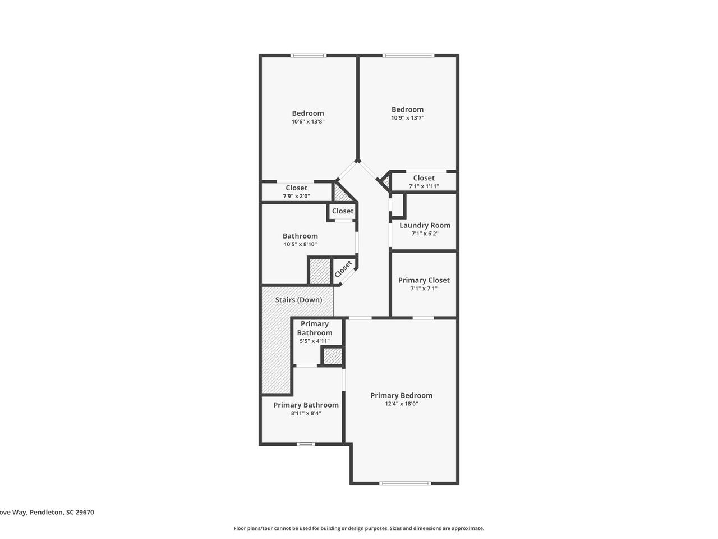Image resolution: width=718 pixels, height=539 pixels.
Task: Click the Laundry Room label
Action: pyautogui.click(x=425, y=225)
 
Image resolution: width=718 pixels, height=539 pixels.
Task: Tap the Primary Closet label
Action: pyautogui.click(x=424, y=281)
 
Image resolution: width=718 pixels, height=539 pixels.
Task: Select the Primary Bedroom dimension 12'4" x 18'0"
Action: pyautogui.click(x=402, y=404)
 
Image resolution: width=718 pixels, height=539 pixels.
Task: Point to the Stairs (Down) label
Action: pyautogui.click(x=298, y=300)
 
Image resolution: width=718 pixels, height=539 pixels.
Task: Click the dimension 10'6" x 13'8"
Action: pyautogui.click(x=308, y=121)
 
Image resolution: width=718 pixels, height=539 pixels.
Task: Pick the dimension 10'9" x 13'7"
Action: pyautogui.click(x=407, y=118)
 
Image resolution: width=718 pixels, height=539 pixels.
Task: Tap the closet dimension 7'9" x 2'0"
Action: pyautogui.click(x=296, y=197)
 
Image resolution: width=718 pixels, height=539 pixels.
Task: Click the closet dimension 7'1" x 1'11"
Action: pyautogui.click(x=424, y=186)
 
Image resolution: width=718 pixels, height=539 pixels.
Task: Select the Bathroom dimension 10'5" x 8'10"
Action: pyautogui.click(x=300, y=244)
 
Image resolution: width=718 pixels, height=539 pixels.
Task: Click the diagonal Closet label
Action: pyautogui.click(x=343, y=269)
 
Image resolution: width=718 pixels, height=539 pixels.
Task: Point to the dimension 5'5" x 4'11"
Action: pyautogui.click(x=314, y=341)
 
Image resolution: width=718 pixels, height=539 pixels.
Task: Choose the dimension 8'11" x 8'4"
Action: pyautogui.click(x=306, y=413)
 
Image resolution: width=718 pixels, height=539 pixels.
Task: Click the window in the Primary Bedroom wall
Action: pyautogui.click(x=405, y=483)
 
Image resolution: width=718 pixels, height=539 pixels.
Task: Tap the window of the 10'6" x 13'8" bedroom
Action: pyautogui.click(x=308, y=56)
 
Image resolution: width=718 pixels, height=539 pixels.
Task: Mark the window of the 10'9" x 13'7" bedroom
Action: pyautogui.click(x=408, y=56)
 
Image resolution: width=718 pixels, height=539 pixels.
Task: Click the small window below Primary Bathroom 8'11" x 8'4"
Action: pyautogui.click(x=306, y=445)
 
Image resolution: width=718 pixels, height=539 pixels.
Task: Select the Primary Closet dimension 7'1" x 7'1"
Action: pyautogui.click(x=424, y=289)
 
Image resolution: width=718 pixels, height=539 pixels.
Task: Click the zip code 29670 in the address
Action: pyautogui.click(x=84, y=512)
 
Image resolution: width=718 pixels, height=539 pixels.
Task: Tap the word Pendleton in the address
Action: pyautogui.click(x=47, y=512)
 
